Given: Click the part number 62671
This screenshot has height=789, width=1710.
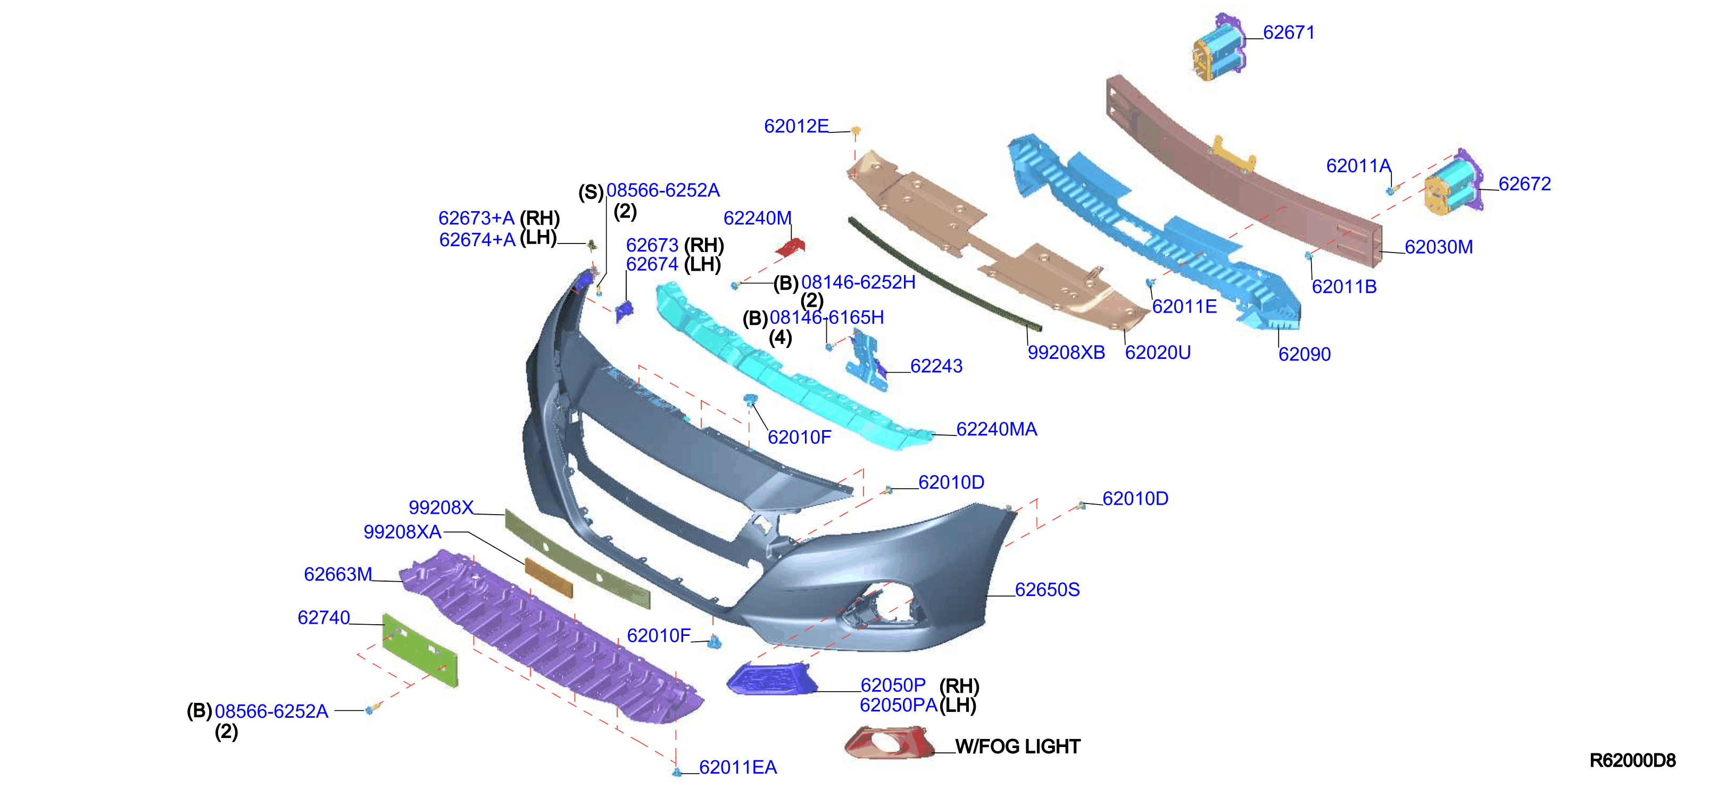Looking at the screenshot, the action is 1289,32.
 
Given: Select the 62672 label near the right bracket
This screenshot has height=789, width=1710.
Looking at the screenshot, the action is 1525,184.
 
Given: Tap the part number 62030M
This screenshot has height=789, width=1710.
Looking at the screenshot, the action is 1439,247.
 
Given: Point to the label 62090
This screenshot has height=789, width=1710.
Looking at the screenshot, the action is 1305,354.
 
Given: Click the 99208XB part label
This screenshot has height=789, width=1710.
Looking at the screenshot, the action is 1066,352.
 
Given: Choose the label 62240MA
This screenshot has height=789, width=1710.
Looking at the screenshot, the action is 997,430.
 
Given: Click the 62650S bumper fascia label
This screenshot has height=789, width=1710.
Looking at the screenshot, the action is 1047,590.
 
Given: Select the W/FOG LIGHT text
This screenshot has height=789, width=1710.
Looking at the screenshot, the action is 1018,746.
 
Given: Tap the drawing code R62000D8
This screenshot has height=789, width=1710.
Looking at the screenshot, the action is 1632,760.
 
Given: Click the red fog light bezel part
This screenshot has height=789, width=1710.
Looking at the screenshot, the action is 888,743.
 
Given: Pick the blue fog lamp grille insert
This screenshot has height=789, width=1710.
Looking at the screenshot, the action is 771,679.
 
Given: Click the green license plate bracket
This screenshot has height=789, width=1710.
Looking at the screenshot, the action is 420,650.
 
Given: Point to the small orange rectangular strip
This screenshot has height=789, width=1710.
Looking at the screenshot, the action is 549,577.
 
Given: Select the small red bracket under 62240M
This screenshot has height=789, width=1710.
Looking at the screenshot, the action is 791,248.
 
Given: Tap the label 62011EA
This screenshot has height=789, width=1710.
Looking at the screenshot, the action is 737,768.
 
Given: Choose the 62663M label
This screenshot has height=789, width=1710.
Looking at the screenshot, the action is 338,575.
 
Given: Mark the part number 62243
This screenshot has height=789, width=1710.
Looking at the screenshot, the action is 936,366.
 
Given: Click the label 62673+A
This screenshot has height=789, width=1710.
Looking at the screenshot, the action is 477,219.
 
